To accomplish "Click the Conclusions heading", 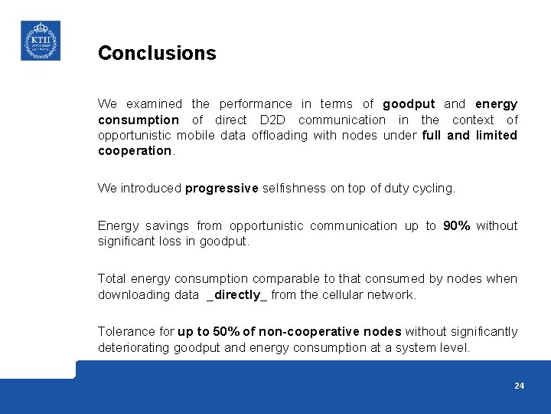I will pyautogui.click(x=157, y=53).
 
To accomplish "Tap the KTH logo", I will pyautogui.click(x=41, y=41).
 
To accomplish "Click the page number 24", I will pyautogui.click(x=519, y=386).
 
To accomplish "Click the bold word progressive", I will pyautogui.click(x=222, y=188).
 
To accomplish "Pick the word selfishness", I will pyautogui.click(x=294, y=188).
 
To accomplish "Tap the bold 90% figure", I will pyautogui.click(x=457, y=225).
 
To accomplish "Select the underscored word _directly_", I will pyautogui.click(x=236, y=294).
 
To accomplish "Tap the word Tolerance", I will pyautogui.click(x=126, y=331).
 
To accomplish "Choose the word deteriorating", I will pyautogui.click(x=133, y=347).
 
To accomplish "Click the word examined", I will pyautogui.click(x=155, y=103).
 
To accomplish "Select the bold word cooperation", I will pyautogui.click(x=135, y=150).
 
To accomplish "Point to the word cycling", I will pyautogui.click(x=435, y=188).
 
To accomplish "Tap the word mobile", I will pyautogui.click(x=195, y=135).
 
